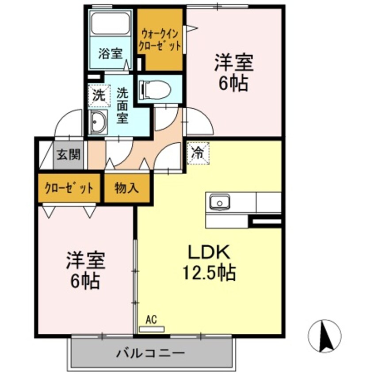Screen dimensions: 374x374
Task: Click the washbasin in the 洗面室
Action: coord(98,121)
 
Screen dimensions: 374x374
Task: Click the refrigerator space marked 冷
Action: coord(197,153)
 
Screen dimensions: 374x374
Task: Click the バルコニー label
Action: coord(150,353)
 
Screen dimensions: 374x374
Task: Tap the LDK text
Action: coord(209,253)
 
